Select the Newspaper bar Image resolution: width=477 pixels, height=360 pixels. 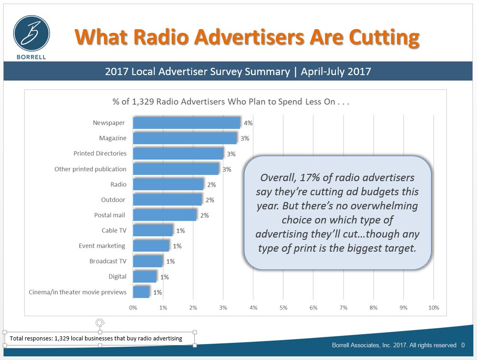(x=187, y=123)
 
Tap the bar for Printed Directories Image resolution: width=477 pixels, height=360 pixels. (x=178, y=153)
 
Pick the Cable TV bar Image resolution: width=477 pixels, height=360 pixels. (x=153, y=230)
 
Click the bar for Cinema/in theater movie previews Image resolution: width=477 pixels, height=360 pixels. (x=141, y=292)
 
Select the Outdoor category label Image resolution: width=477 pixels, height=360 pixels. (x=113, y=200)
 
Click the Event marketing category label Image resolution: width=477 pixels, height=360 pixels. (x=102, y=246)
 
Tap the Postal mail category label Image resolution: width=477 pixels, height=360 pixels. (x=110, y=215)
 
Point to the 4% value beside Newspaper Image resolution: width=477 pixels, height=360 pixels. (x=248, y=123)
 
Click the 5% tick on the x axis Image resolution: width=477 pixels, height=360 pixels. (x=283, y=308)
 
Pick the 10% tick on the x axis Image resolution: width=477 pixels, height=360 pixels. (x=433, y=308)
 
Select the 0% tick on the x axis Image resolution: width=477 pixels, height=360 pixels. (x=133, y=308)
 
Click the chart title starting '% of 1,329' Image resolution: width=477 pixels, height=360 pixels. (x=231, y=101)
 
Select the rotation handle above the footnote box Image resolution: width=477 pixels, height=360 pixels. (x=100, y=323)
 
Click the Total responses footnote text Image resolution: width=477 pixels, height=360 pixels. (x=96, y=338)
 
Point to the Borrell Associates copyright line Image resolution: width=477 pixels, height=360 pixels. (x=394, y=345)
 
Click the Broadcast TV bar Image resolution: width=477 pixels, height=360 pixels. (x=148, y=261)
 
